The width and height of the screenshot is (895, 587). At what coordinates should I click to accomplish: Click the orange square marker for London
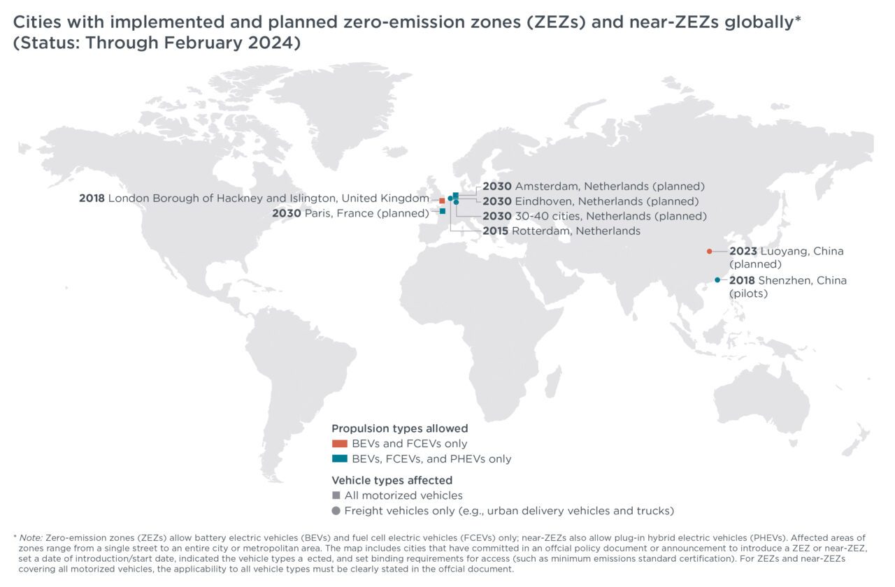tap(442, 201)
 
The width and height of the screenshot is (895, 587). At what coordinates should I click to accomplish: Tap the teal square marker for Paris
tap(443, 211)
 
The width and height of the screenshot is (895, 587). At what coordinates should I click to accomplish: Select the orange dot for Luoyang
tap(709, 252)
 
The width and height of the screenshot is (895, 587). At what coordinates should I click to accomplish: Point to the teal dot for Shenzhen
tap(717, 280)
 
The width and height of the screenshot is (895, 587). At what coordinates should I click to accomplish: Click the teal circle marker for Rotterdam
tap(450, 198)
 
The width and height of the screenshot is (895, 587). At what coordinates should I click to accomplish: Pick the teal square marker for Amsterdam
tap(456, 195)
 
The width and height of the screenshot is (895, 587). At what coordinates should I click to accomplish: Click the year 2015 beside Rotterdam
tap(496, 231)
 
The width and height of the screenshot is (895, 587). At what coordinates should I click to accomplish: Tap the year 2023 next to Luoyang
tap(743, 252)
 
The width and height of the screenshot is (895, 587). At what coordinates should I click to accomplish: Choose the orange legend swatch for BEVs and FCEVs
tap(339, 444)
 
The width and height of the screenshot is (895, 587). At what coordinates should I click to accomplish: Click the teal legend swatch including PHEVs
tap(339, 459)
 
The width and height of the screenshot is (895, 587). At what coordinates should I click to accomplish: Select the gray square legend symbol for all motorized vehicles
tap(336, 495)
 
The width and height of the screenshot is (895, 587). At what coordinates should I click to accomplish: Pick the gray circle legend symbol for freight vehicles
tap(336, 511)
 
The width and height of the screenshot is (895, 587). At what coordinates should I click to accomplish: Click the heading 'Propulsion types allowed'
tap(399, 428)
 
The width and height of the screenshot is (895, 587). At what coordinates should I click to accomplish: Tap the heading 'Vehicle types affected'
tap(392, 480)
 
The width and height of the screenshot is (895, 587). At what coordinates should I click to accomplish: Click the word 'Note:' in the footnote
tap(31, 537)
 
